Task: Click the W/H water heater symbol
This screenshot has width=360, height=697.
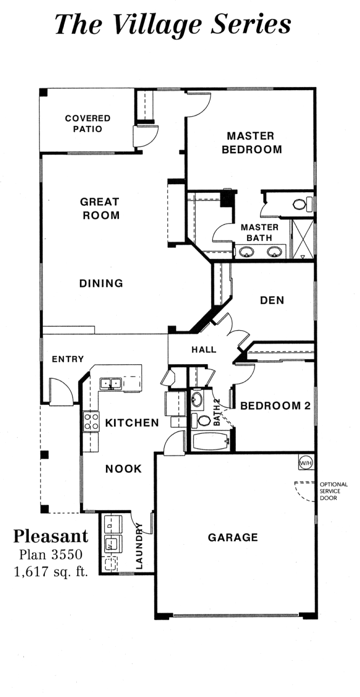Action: (x=306, y=463)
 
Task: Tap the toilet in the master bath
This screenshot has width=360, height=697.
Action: (x=302, y=204)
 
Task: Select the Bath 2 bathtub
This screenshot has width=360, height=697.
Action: (x=211, y=442)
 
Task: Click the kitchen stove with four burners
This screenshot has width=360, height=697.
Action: (x=91, y=421)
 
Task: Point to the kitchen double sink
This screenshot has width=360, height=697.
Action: (x=111, y=384)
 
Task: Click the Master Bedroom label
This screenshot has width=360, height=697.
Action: (x=251, y=143)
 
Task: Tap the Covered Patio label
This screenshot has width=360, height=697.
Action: (x=88, y=124)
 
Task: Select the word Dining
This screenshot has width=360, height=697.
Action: (x=101, y=284)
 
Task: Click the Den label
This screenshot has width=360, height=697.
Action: (x=272, y=300)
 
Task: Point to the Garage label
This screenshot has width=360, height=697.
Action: (x=233, y=538)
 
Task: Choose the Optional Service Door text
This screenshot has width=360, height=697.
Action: (x=334, y=491)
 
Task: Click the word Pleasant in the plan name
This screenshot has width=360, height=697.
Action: (x=51, y=536)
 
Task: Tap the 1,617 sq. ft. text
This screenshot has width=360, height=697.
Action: (x=51, y=572)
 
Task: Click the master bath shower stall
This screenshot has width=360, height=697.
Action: (x=302, y=239)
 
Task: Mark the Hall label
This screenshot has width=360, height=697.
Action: (x=204, y=350)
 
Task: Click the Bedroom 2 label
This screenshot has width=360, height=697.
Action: (x=276, y=406)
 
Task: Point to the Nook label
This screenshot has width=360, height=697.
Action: (x=124, y=469)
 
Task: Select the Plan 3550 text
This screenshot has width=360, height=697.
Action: (x=51, y=554)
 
